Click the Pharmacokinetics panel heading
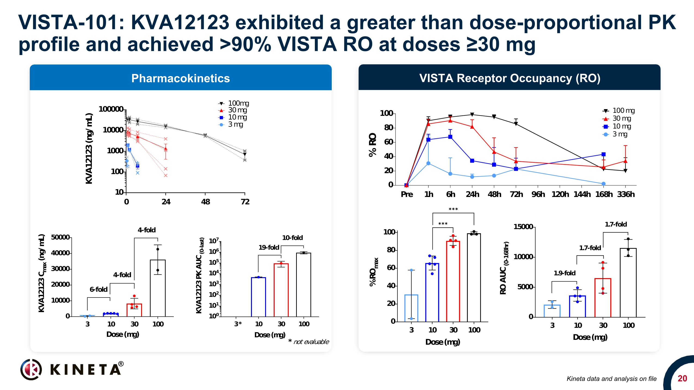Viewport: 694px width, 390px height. pos(180,78)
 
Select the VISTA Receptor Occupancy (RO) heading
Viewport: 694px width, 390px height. pos(510,78)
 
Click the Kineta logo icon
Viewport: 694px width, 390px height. pos(31,369)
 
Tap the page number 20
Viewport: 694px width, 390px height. pos(682,378)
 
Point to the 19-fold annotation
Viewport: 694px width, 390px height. pos(269,247)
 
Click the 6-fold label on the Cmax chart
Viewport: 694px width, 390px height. pos(98,289)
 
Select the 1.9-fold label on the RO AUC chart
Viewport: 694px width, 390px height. pos(564,273)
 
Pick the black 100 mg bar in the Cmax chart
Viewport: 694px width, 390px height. pos(158,288)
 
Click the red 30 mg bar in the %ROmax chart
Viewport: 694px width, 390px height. pos(453,281)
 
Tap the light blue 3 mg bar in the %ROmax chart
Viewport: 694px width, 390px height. pos(411,308)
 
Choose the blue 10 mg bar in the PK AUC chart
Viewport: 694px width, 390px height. pos(258,297)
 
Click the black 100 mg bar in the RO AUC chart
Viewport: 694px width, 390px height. pos(628,283)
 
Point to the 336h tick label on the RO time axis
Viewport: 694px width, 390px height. pos(626,194)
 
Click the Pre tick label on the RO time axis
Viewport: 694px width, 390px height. pos(406,194)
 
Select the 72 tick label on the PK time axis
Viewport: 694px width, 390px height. pos(245,202)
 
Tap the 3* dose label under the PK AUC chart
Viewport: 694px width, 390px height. pos(238,324)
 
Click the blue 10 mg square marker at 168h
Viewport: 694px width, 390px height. pos(604,154)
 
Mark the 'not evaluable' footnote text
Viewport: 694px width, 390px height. pos(311,342)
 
